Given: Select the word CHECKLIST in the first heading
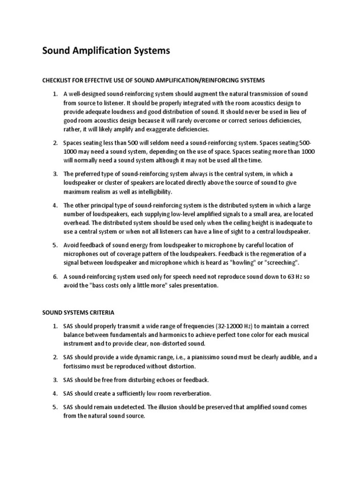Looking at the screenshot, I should pos(57,80).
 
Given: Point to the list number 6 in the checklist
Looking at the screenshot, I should pos(54,277).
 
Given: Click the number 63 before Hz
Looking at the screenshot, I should pos(286,277).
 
